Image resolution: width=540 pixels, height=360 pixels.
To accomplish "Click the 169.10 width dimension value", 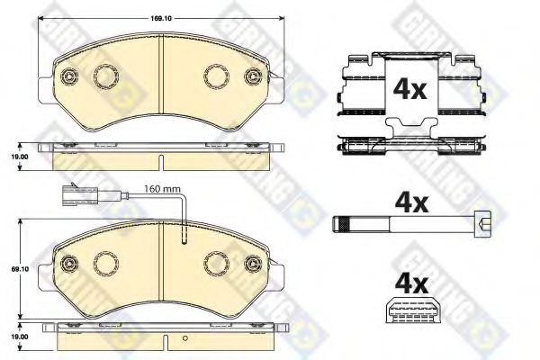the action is pos(161,19).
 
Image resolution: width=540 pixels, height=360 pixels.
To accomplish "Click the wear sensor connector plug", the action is pos(70,195).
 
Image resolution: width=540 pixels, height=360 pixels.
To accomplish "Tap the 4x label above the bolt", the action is pos(411,203).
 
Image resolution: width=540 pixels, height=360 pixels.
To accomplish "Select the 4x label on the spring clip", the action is pos(410,89).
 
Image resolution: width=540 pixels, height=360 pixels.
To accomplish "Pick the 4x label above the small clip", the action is pos(411,284).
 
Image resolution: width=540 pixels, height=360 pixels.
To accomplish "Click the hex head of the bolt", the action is pos(483,224).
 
